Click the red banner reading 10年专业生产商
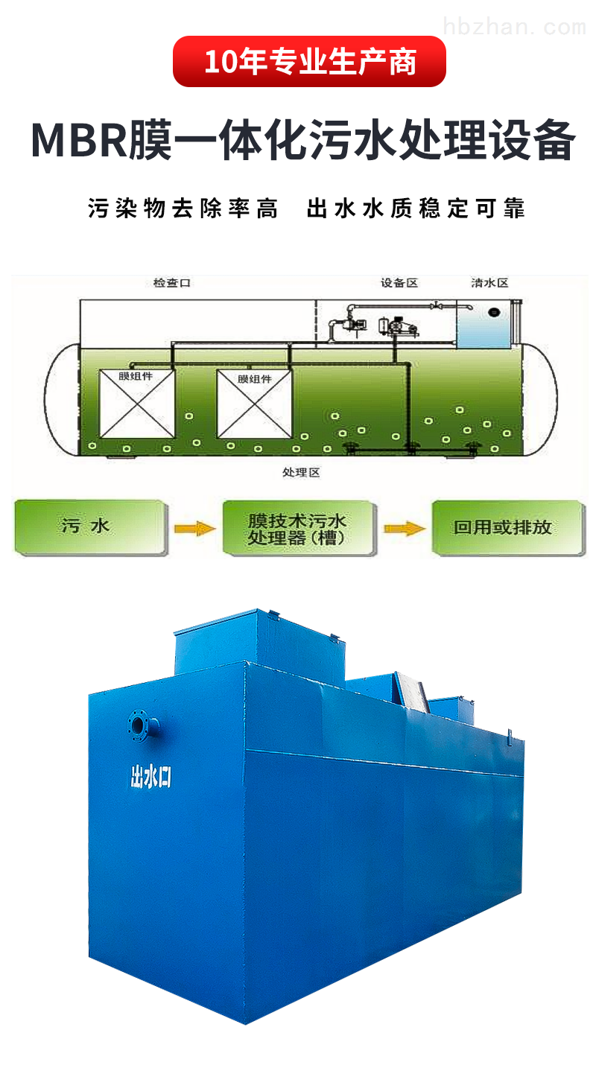click(x=309, y=62)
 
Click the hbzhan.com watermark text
click(x=514, y=28)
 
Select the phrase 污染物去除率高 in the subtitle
click(x=183, y=209)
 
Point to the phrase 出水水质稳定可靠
click(x=416, y=209)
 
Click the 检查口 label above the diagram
click(x=172, y=283)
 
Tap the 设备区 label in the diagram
click(x=399, y=283)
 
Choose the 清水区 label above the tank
click(x=489, y=283)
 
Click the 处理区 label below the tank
click(x=301, y=472)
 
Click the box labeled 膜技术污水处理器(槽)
click(x=297, y=527)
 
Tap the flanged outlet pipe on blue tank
click(x=140, y=724)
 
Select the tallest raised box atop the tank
click(x=225, y=642)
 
